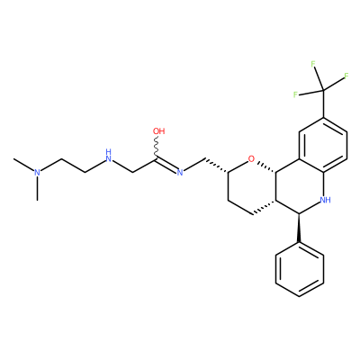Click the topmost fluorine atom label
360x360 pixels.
313,64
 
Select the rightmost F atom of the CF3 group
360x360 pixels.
346,76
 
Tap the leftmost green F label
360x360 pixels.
295,94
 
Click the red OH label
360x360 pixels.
158,131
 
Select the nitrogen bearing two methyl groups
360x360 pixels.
37,172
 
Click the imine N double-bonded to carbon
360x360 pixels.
180,172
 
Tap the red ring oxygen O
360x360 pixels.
251,158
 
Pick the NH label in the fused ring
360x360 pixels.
326,200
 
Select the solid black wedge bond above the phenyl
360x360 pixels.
299,228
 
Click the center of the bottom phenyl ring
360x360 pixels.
300,269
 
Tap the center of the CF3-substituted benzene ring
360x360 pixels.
323,145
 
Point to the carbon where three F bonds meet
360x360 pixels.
323,89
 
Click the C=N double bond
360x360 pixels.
166,166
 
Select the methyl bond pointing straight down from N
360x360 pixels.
37,188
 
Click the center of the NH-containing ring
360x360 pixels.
300,186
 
